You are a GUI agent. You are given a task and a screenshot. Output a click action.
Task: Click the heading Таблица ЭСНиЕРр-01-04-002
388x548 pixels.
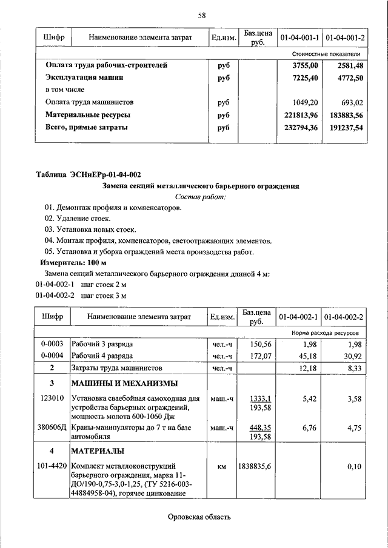pos(89,175)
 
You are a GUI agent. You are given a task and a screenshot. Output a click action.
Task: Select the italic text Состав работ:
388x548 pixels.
pos(200,197)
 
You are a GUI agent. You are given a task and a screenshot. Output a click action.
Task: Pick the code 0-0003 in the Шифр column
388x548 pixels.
pos(52,344)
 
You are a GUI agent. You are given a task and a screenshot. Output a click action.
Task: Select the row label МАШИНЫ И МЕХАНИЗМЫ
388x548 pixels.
pos(124,383)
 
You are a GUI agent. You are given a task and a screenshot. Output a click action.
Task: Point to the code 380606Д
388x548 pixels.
pos(52,428)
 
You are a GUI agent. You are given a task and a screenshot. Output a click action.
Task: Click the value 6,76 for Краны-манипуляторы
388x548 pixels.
pos(309,428)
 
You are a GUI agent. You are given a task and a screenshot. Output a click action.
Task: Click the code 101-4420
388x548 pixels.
pos(52,466)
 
